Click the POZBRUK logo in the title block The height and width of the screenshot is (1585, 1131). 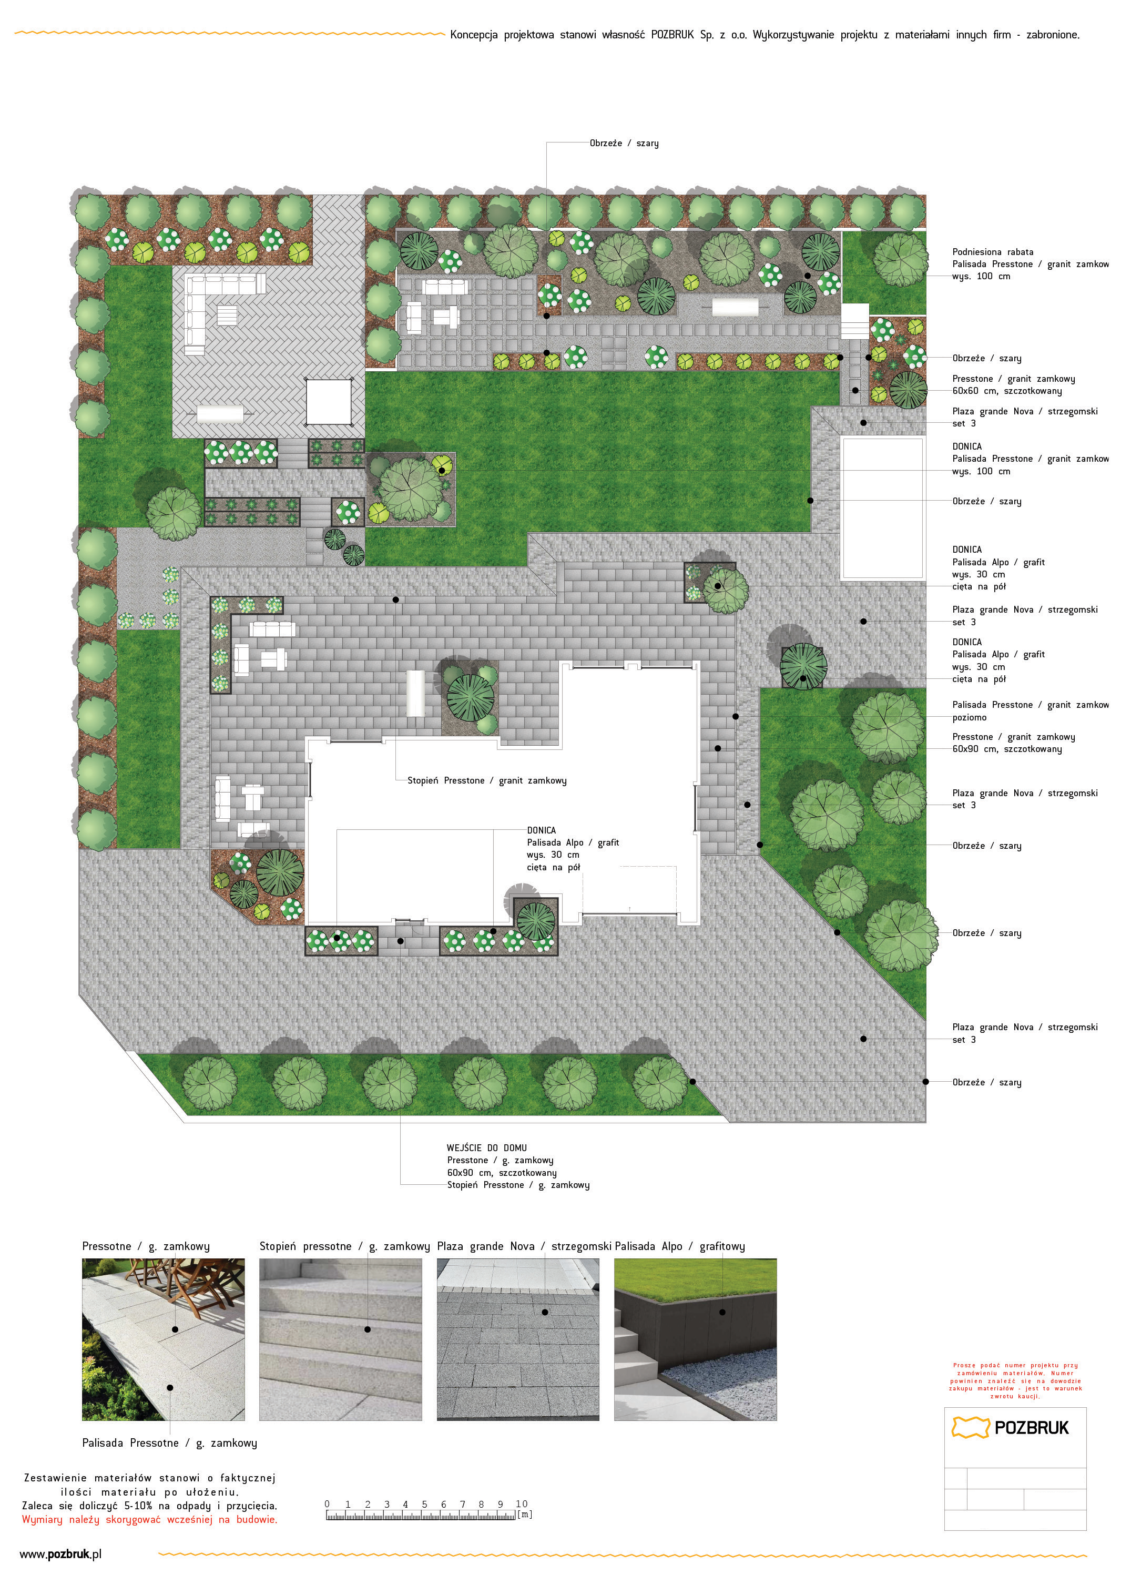click(x=1010, y=1428)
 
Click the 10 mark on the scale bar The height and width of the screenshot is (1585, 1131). click(x=522, y=1503)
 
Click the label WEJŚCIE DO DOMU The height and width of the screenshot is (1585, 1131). click(x=487, y=1147)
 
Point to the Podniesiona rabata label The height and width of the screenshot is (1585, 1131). click(x=992, y=252)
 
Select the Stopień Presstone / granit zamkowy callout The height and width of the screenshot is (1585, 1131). click(x=487, y=780)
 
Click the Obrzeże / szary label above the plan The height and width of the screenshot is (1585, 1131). click(x=624, y=144)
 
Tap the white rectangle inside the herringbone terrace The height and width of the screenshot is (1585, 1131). click(x=329, y=402)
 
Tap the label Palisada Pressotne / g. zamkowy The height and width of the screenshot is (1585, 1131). click(x=169, y=1443)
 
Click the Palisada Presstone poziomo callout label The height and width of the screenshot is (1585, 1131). click(x=1031, y=711)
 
